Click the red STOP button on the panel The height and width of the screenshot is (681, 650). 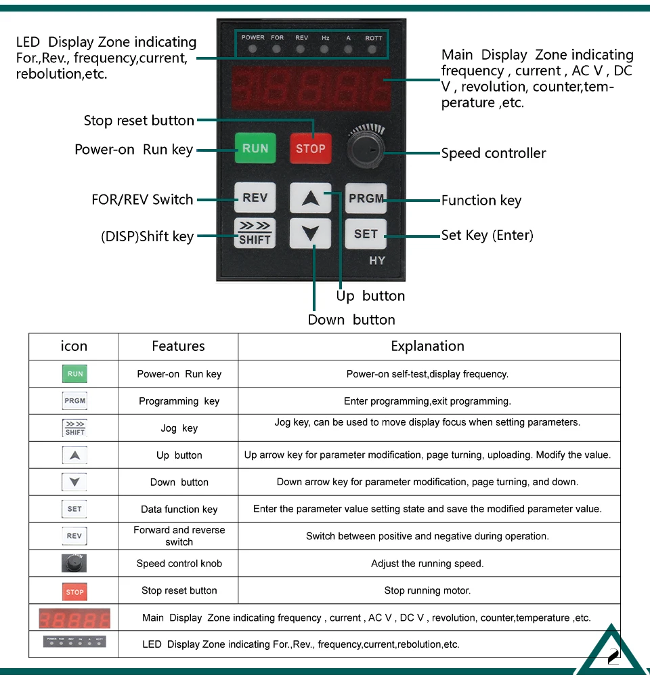pos(311,148)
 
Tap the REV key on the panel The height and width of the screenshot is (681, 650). pos(255,198)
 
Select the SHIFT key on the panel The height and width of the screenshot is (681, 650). pos(255,233)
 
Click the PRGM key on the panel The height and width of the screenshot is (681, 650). pos(366,199)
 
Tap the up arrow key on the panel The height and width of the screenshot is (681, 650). pos(311,199)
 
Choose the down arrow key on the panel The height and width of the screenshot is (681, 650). pos(311,234)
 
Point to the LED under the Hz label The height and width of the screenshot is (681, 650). pos(325,49)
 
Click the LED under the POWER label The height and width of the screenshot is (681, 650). pos(253,49)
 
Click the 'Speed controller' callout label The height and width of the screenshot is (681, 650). pos(494,153)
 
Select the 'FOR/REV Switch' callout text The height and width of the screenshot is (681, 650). pos(142,200)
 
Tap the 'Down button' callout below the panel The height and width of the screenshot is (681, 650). pos(351,320)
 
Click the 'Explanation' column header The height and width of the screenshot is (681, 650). pos(428,346)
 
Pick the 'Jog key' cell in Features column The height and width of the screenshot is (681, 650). pos(179,428)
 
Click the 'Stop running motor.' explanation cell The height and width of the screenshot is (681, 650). pos(427,590)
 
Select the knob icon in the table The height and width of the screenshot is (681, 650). pos(74,563)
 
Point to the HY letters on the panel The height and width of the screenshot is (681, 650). pos(377,261)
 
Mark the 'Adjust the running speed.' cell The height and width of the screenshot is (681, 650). pos(427,563)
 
